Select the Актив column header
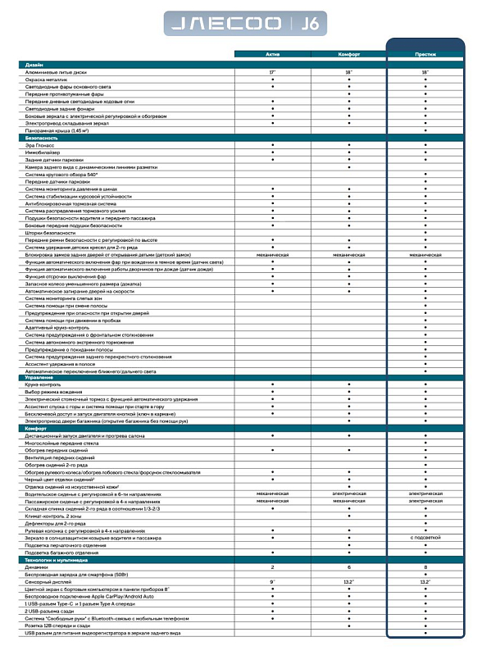(272, 55)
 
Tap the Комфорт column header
(348, 55)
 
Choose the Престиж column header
(425, 55)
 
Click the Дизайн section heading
(35, 64)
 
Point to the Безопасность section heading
(41, 138)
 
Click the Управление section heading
(39, 377)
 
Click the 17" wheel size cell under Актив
(272, 72)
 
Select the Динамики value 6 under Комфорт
(348, 566)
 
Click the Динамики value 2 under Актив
(272, 566)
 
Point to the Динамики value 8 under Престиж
(425, 566)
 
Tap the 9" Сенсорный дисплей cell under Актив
(272, 580)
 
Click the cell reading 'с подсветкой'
(425, 537)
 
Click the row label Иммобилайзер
(44, 152)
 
